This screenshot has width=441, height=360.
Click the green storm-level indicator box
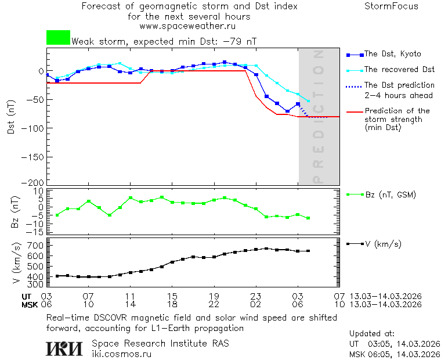(58, 38)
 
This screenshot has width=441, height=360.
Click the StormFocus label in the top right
(391, 6)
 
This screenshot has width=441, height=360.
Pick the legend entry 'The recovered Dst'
(399, 70)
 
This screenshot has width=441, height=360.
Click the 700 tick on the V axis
(35, 246)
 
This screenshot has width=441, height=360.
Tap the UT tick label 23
(256, 296)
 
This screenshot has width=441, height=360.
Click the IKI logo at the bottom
(64, 348)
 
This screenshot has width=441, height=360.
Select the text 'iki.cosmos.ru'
(121, 353)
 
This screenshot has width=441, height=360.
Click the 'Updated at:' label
(371, 334)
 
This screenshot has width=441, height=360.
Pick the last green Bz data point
(308, 218)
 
